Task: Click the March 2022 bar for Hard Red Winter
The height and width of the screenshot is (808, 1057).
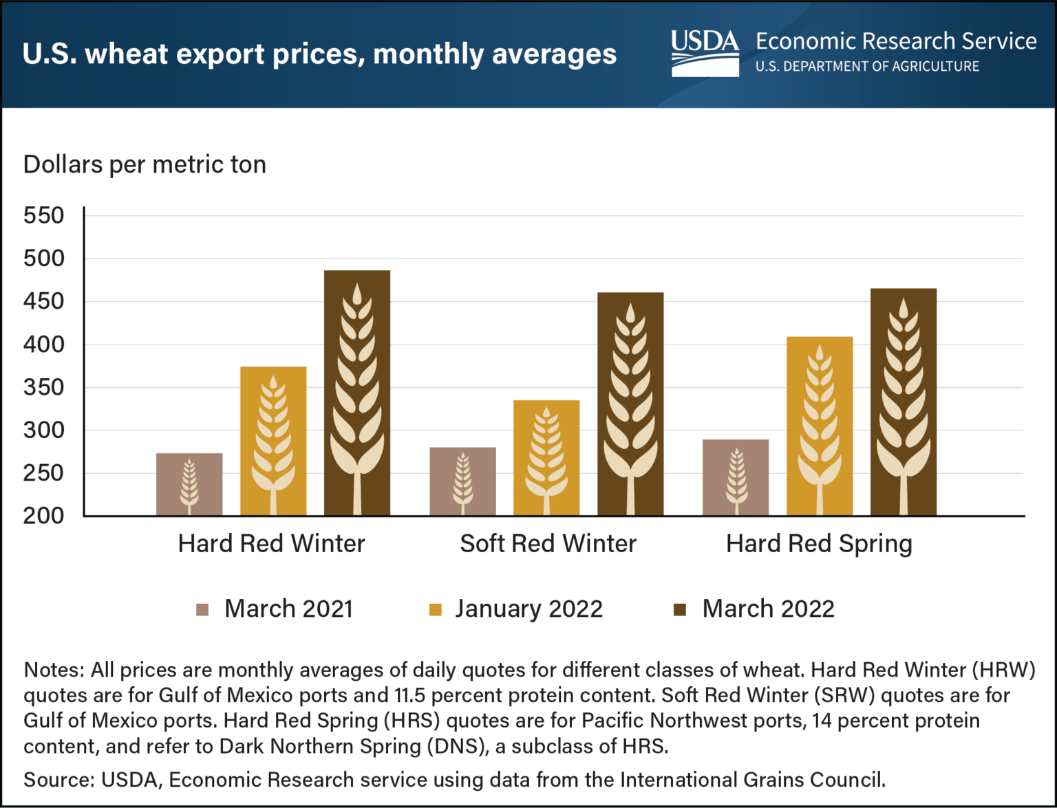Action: pyautogui.click(x=357, y=393)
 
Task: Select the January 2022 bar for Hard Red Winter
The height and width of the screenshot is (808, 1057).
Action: pyautogui.click(x=273, y=441)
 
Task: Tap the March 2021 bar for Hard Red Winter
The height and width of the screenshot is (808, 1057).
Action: pyautogui.click(x=189, y=484)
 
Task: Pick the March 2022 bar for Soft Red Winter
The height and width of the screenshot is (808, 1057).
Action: pyautogui.click(x=630, y=404)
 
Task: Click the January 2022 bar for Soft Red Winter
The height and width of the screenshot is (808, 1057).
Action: pyautogui.click(x=546, y=457)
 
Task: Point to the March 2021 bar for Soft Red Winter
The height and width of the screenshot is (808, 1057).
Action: pyautogui.click(x=462, y=481)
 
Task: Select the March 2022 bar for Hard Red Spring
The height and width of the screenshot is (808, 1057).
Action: pyautogui.click(x=904, y=402)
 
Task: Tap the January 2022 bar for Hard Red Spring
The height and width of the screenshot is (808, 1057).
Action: pyautogui.click(x=820, y=426)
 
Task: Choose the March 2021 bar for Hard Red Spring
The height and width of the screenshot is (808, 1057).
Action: pyautogui.click(x=736, y=477)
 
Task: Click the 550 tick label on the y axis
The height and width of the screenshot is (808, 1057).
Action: pyautogui.click(x=43, y=216)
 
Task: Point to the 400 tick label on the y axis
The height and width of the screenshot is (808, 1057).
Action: pyautogui.click(x=43, y=345)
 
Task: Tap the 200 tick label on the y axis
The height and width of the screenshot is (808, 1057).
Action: pyautogui.click(x=43, y=516)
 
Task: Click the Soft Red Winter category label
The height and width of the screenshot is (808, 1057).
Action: pyautogui.click(x=548, y=544)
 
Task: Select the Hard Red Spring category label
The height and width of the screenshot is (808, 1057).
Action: pyautogui.click(x=819, y=544)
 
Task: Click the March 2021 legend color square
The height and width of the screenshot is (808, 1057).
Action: pyautogui.click(x=202, y=610)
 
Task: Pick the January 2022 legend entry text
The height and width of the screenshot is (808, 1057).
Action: pyautogui.click(x=528, y=609)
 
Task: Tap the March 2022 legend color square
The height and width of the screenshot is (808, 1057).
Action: pyautogui.click(x=680, y=610)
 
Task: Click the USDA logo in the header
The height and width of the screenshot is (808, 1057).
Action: pyautogui.click(x=705, y=53)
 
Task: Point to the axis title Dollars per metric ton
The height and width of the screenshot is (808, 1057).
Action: pyautogui.click(x=145, y=165)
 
